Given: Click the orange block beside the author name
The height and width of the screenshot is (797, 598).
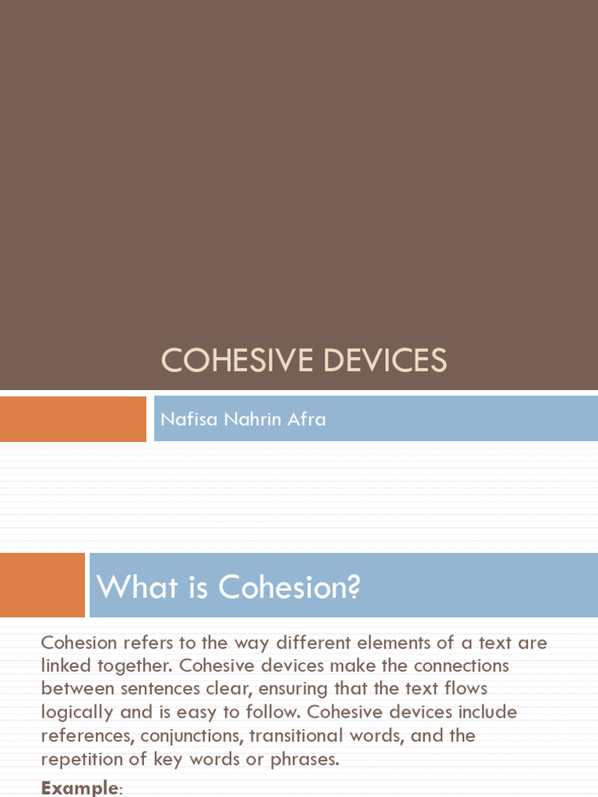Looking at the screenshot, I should (x=72, y=419).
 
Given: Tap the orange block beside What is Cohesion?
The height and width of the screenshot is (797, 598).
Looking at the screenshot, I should (x=42, y=585).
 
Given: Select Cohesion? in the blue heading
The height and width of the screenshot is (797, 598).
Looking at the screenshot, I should (x=290, y=587).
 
